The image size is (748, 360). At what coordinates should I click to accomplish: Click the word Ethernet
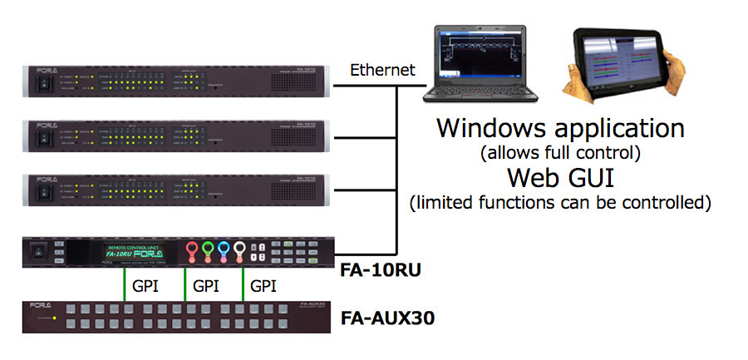[382, 70]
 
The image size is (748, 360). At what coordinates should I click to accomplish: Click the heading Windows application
[561, 128]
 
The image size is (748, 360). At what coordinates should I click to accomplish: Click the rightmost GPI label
[263, 285]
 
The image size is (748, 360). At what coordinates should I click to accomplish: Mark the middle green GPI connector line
[184, 284]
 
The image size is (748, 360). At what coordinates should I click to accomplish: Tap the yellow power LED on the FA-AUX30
[55, 318]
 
